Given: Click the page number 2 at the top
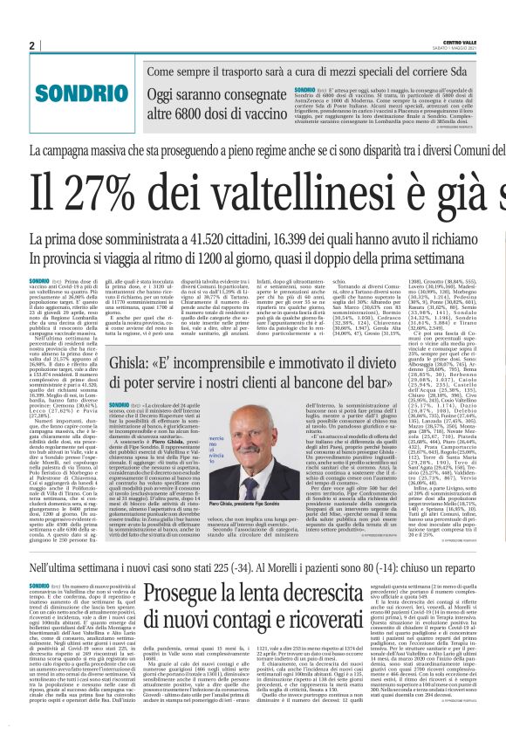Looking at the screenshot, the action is (x=31, y=45).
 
